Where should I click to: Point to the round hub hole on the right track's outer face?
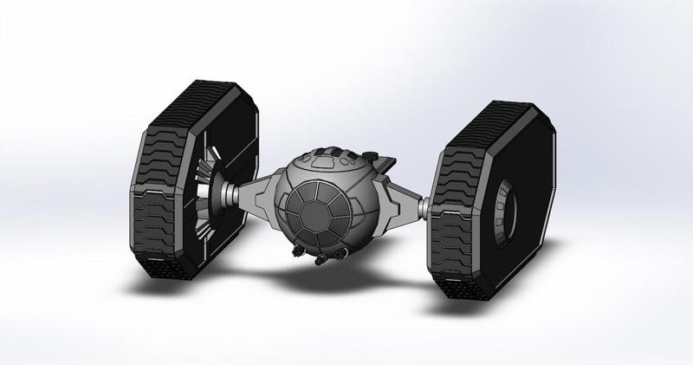click(x=506, y=207)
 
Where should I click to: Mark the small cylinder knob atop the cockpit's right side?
click(x=373, y=156)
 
